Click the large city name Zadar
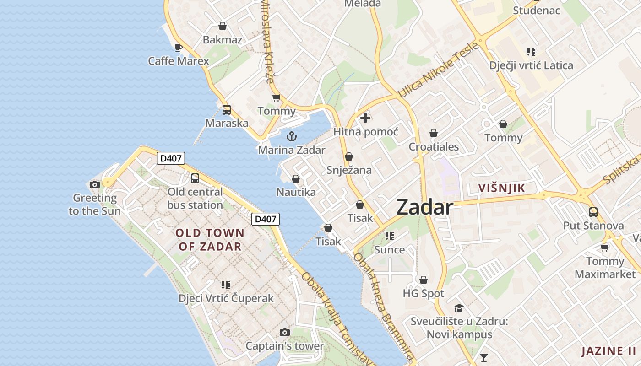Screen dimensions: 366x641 424,207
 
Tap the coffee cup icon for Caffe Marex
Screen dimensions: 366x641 179,48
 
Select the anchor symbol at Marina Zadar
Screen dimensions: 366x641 291,136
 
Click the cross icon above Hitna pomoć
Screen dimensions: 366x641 365,118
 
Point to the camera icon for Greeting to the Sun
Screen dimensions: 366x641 95,184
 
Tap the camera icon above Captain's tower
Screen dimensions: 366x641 285,332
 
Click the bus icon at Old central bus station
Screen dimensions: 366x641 195,178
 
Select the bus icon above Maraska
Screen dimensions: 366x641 227,110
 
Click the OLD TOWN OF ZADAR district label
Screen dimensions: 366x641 210,240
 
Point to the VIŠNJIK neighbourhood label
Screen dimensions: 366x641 501,188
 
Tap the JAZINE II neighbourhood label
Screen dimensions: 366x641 608,351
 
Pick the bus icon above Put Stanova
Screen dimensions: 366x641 593,212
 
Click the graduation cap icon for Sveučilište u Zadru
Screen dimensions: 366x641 459,308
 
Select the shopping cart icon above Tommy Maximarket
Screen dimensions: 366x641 605,248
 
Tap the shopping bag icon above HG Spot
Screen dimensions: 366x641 424,280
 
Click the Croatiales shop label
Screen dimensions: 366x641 434,147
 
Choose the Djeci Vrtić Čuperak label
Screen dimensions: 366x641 226,298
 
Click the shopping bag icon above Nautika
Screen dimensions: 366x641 296,179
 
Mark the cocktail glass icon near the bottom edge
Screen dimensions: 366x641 483,357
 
